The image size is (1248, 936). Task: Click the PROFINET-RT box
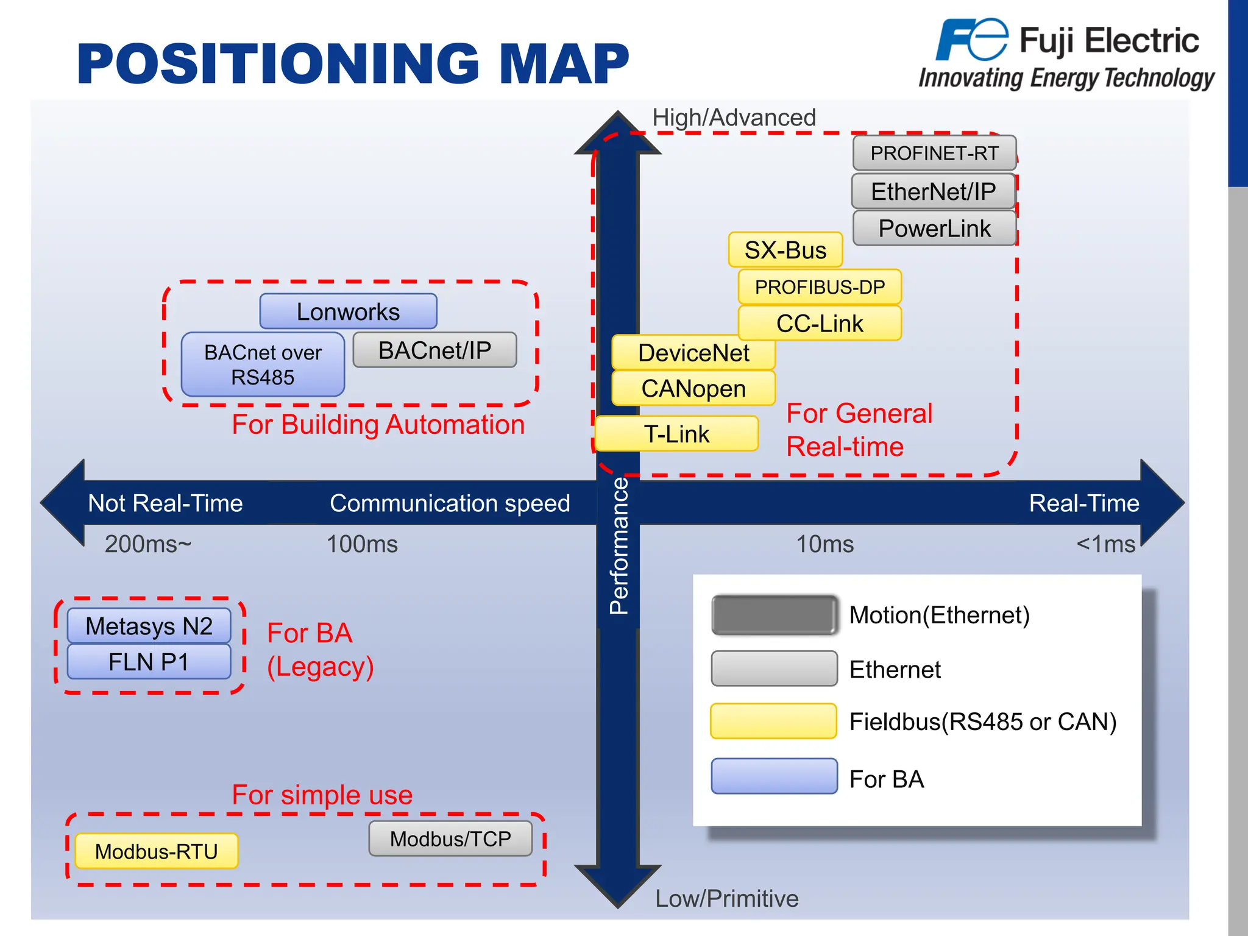pyautogui.click(x=934, y=153)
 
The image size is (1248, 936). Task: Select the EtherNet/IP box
pyautogui.click(x=932, y=191)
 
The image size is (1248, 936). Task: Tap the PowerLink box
pyautogui.click(x=934, y=229)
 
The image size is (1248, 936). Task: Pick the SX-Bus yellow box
pyautogui.click(x=785, y=250)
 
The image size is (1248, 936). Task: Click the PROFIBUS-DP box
pyautogui.click(x=819, y=287)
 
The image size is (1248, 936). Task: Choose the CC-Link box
pyautogui.click(x=819, y=324)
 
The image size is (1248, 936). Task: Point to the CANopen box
pyautogui.click(x=693, y=388)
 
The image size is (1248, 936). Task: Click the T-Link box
pyautogui.click(x=676, y=434)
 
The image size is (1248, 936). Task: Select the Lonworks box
pyautogui.click(x=348, y=311)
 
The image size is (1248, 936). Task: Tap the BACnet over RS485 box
pyautogui.click(x=263, y=364)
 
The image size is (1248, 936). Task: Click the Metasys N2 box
pyautogui.click(x=149, y=626)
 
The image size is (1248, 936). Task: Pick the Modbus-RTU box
pyautogui.click(x=156, y=851)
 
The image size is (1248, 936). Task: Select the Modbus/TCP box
pyautogui.click(x=450, y=838)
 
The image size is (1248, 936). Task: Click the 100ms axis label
pyautogui.click(x=362, y=544)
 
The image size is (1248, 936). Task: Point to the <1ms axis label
pyautogui.click(x=1105, y=544)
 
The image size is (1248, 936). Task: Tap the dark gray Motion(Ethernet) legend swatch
pyautogui.click(x=774, y=615)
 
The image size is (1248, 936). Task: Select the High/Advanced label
pyautogui.click(x=734, y=118)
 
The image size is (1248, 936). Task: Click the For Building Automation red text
pyautogui.click(x=378, y=425)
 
